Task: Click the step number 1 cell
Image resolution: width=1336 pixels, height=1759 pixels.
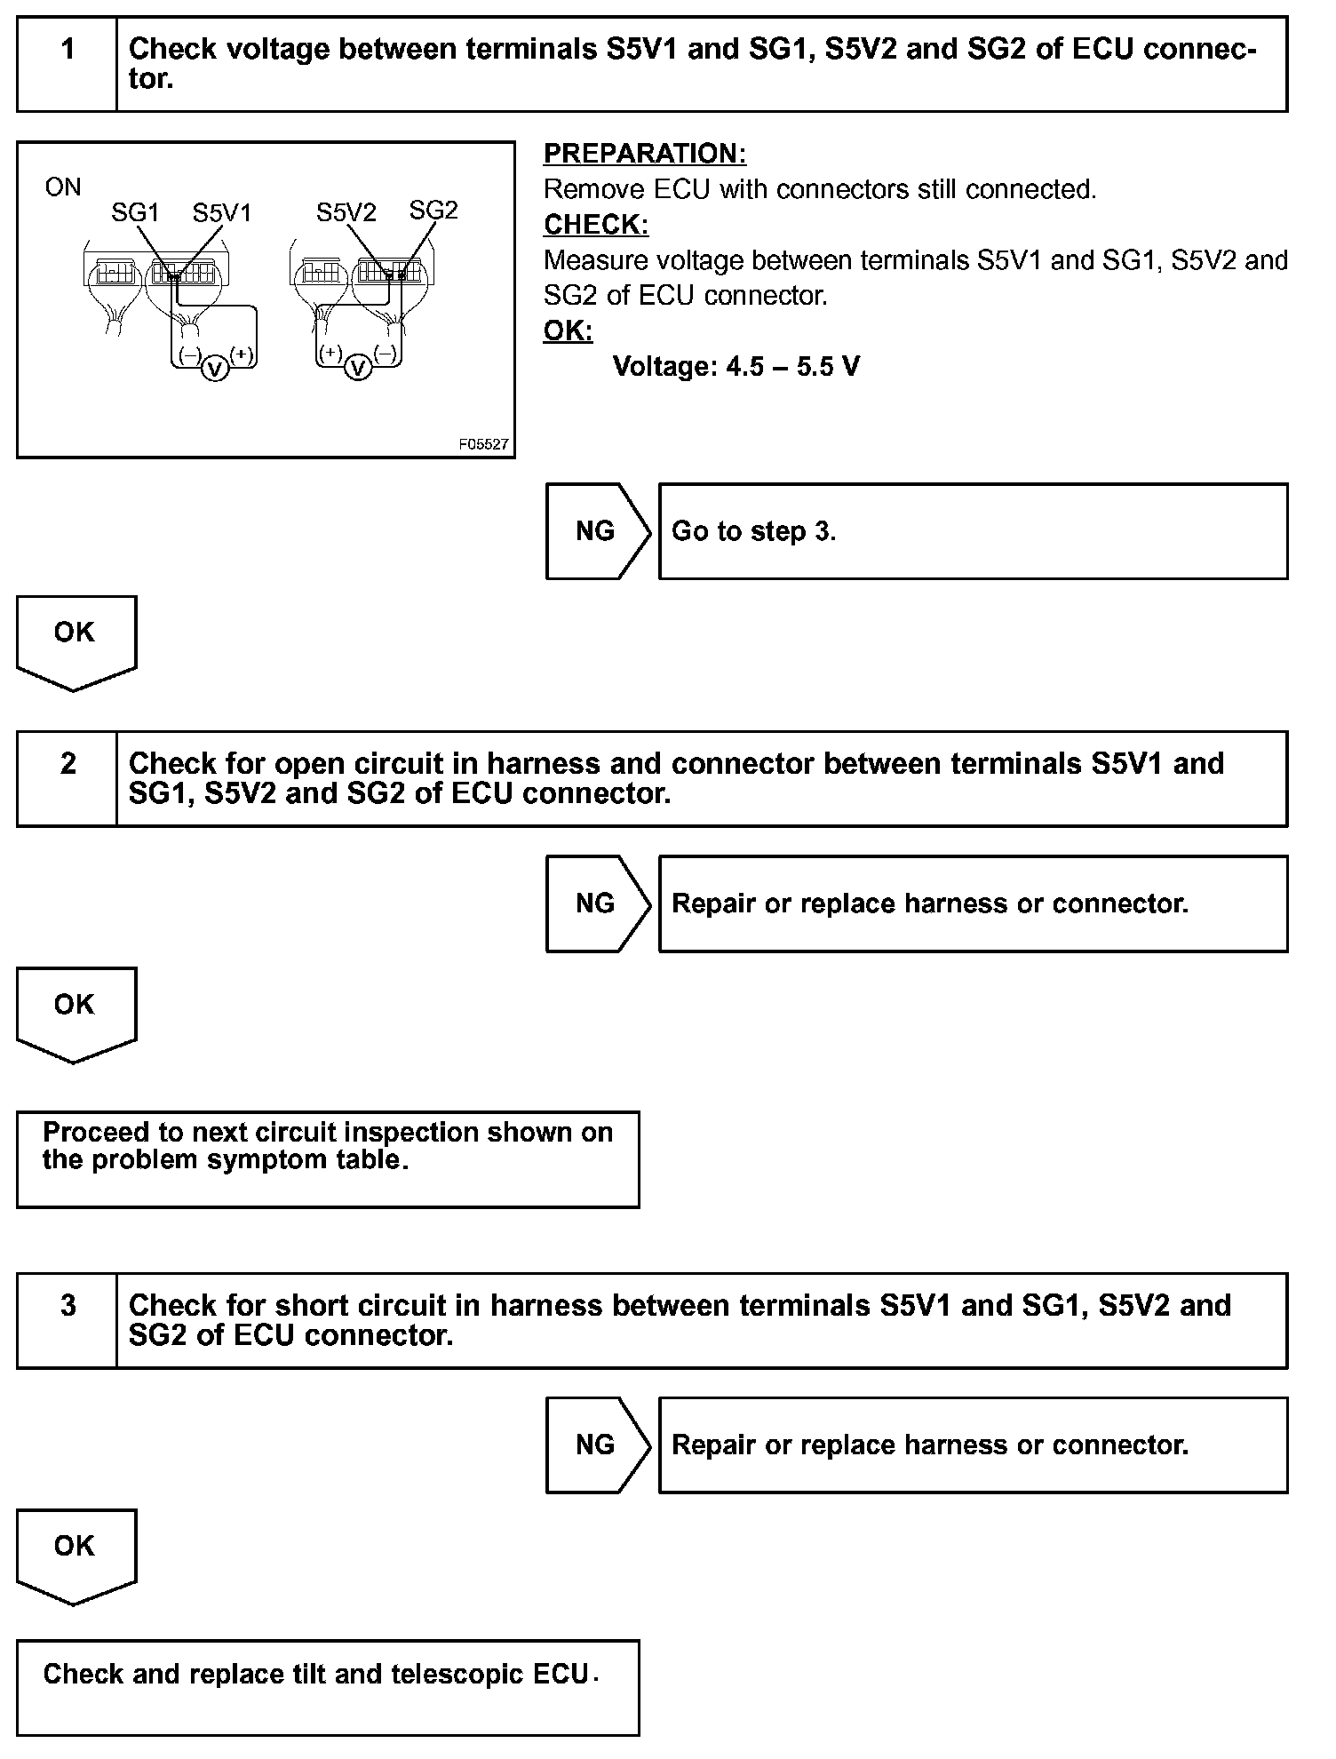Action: pyautogui.click(x=68, y=63)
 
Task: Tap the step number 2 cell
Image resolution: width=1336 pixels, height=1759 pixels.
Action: pyautogui.click(x=68, y=778)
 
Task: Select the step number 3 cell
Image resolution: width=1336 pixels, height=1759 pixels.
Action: pyautogui.click(x=68, y=1320)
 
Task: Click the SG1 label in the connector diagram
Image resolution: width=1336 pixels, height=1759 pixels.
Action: pyautogui.click(x=135, y=213)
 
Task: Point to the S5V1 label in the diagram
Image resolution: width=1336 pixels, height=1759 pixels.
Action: pyautogui.click(x=222, y=213)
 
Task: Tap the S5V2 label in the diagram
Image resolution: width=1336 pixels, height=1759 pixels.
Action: pyautogui.click(x=346, y=213)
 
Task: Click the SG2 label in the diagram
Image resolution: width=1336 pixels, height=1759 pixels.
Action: pyautogui.click(x=433, y=211)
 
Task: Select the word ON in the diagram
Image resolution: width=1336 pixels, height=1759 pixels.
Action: pyautogui.click(x=63, y=187)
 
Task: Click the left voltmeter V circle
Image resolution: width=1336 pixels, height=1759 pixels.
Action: pyautogui.click(x=215, y=368)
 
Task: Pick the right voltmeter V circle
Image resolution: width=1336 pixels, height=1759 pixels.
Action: pyautogui.click(x=357, y=367)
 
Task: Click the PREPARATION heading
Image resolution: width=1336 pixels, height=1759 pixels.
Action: pyautogui.click(x=645, y=154)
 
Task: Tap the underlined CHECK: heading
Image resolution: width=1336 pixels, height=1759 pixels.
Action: pyautogui.click(x=596, y=225)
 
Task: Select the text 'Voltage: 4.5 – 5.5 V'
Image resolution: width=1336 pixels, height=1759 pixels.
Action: pyautogui.click(x=736, y=367)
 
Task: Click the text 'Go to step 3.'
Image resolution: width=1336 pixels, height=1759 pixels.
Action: pyautogui.click(x=753, y=531)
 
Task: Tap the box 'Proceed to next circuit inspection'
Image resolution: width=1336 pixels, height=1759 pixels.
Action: pyautogui.click(x=328, y=1158)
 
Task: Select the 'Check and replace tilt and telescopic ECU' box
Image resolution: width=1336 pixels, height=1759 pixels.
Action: pyautogui.click(x=328, y=1687)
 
